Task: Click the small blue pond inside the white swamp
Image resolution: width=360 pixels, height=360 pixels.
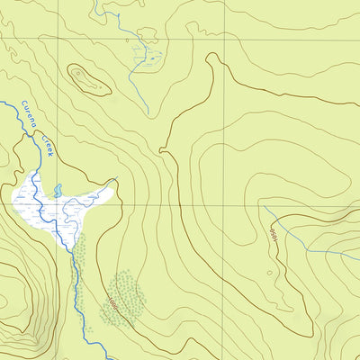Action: point(58,191)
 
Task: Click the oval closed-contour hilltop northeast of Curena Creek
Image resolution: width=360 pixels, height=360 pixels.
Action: point(88,79)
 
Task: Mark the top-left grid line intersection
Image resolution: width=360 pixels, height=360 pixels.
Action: point(60,39)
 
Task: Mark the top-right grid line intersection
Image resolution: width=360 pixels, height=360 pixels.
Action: point(225,39)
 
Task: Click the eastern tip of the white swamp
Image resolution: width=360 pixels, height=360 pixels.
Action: point(115,183)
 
